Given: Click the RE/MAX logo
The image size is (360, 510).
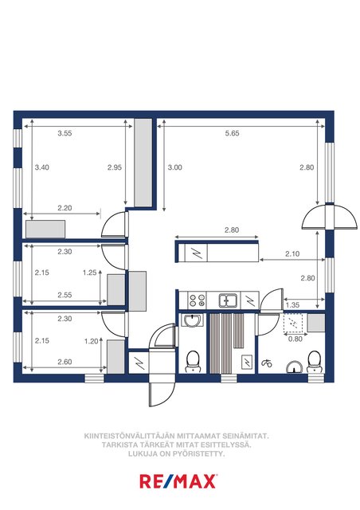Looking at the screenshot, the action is (178, 481).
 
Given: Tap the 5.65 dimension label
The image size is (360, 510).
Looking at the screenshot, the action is (232, 133).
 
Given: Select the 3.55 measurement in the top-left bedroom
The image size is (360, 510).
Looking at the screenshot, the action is (65, 133).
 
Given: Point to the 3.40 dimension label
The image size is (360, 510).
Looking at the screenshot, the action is (42, 167).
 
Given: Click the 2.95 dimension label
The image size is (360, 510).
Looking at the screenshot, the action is (115, 167).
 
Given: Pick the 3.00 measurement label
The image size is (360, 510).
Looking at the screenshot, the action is (174, 167).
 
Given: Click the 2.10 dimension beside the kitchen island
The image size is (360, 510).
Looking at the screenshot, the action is (292, 253).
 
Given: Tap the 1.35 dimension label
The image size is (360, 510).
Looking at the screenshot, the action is (292, 305).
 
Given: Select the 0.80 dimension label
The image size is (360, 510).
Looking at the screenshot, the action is (295, 339).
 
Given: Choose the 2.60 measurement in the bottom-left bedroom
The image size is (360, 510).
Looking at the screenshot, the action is (65, 362).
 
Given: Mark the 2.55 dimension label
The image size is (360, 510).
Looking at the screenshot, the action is (65, 295).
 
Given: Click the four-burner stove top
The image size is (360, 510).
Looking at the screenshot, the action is (197, 300).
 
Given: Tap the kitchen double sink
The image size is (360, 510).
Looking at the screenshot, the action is (228, 300).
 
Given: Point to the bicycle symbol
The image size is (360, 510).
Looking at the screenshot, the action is (267, 363).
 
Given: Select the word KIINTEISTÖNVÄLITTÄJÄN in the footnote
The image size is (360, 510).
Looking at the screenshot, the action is (130, 436).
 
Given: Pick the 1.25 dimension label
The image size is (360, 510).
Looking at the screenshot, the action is (90, 273).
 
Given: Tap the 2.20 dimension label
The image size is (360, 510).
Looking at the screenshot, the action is (65, 208).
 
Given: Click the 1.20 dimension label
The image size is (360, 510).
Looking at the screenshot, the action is (91, 341).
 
